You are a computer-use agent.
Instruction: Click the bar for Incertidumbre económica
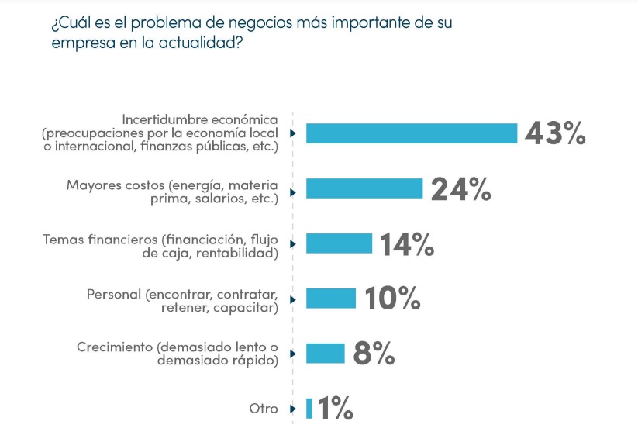[411, 133]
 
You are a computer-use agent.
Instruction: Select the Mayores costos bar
[364, 188]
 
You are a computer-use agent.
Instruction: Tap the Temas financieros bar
[339, 243]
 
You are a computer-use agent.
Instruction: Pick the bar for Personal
[330, 299]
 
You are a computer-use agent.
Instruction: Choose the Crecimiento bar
[325, 354]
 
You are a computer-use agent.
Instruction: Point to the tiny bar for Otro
[309, 409]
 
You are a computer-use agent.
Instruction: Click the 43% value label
[555, 133]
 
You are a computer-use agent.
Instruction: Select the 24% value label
[460, 188]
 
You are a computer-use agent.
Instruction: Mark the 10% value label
[392, 299]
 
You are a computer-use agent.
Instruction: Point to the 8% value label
[374, 354]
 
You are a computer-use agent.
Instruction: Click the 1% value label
[336, 409]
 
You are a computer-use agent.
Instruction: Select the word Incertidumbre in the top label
[161, 120]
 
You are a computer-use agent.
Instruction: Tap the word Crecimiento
[115, 347]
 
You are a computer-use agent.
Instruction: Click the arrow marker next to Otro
[293, 409]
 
